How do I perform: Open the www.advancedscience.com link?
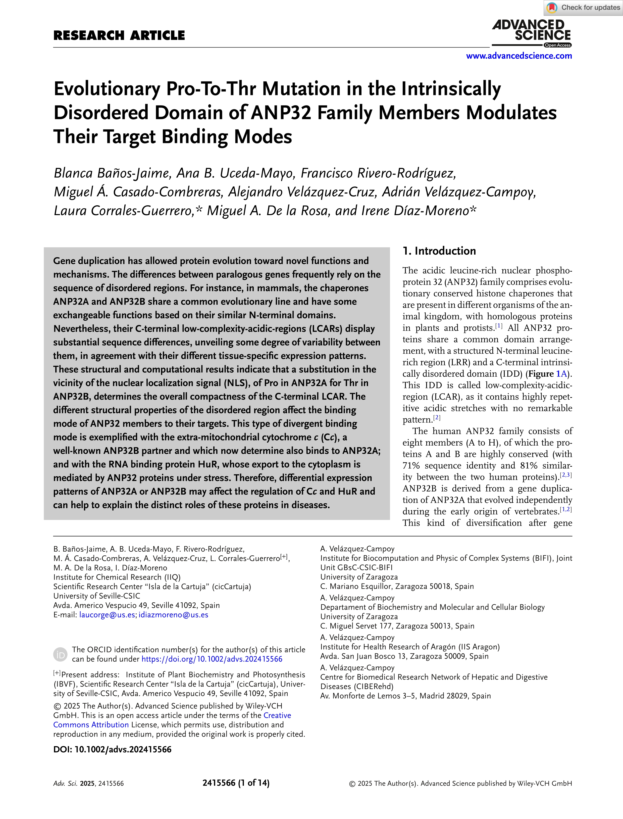[519, 56]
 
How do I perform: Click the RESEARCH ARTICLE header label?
[119, 36]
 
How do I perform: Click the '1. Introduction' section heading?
[439, 251]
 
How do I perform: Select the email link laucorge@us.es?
[107, 615]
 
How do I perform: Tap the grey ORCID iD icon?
[61, 654]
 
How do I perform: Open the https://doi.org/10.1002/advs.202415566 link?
[212, 659]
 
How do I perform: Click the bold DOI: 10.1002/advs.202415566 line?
[112, 749]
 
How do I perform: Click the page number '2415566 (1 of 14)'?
[236, 783]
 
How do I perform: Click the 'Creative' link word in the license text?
[277, 715]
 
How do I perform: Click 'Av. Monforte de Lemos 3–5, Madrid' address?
[405, 696]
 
